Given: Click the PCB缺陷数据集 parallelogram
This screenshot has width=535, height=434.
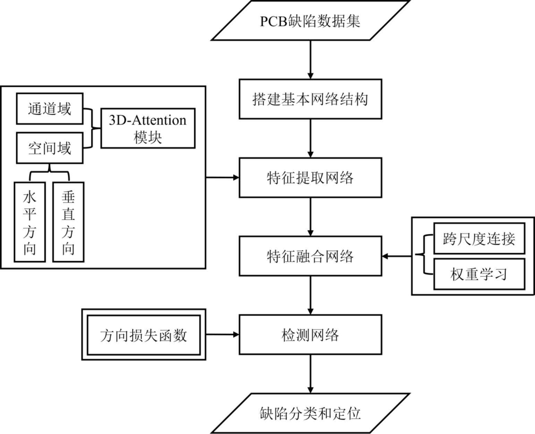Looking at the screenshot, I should click(x=311, y=21).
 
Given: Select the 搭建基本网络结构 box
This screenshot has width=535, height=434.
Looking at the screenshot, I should click(x=311, y=99).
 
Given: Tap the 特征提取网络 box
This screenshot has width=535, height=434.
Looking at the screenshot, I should click(x=311, y=178).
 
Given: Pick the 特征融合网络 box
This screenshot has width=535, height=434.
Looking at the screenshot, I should click(x=311, y=256).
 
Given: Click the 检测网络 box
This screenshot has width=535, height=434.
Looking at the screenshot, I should click(x=311, y=335).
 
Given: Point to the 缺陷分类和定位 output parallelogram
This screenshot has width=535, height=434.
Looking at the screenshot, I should click(x=311, y=413).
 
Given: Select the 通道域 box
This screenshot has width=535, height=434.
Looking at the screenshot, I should click(x=50, y=109).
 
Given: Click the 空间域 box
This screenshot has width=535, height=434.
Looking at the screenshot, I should click(x=50, y=148).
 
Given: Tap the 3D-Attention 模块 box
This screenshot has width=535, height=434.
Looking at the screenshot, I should click(x=148, y=128).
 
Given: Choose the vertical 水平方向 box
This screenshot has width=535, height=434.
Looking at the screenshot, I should click(x=29, y=222).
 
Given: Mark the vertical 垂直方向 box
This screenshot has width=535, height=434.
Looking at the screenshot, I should click(x=68, y=222).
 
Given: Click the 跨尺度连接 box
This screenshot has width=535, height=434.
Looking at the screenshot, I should click(x=479, y=239).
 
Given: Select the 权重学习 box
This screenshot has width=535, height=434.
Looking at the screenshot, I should click(x=479, y=274).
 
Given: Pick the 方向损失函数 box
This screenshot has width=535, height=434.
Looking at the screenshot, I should click(x=144, y=335).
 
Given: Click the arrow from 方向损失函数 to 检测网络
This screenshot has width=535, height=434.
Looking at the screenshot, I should click(x=222, y=335).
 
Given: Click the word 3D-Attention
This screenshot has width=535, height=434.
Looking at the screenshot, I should click(x=148, y=120).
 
